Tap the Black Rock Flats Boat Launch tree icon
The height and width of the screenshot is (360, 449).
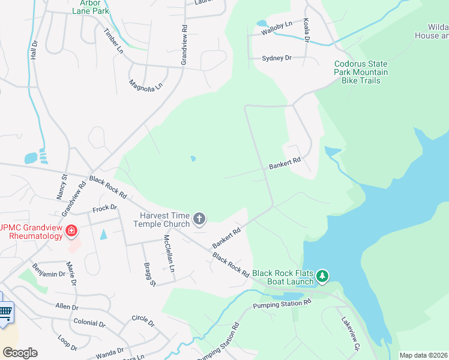click(324, 276)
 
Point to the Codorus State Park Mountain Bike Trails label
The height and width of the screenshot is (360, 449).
click(361, 72)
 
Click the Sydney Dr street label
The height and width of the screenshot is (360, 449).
click(276, 58)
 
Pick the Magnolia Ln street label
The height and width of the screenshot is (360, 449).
click(146, 86)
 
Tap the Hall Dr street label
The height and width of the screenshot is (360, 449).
click(34, 47)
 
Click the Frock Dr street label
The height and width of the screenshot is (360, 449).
click(104, 209)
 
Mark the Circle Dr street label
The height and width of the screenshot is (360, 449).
click(143, 320)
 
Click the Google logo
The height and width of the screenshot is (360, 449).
click(20, 353)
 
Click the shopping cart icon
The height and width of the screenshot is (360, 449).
click(5, 311)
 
